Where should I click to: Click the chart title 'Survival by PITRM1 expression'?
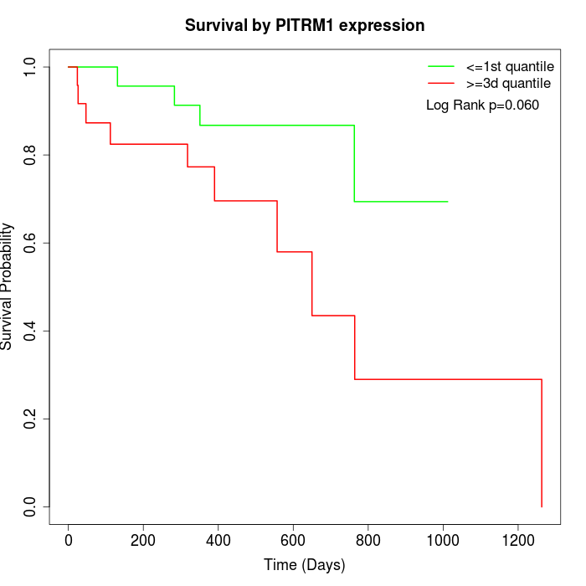pyautogui.click(x=304, y=25)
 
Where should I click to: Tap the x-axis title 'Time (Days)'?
pyautogui.click(x=304, y=565)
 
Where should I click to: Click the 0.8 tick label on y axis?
pyautogui.click(x=30, y=155)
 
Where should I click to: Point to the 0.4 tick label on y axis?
pyautogui.click(x=30, y=331)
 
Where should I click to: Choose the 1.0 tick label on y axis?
pyautogui.click(x=30, y=67)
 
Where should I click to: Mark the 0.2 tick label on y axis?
pyautogui.click(x=30, y=419)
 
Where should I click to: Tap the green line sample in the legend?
pyautogui.click(x=441, y=66)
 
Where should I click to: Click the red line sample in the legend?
pyautogui.click(x=441, y=83)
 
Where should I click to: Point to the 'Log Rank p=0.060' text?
pyautogui.click(x=482, y=105)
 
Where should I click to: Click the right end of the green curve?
pyautogui.click(x=448, y=202)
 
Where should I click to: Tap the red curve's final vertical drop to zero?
pyautogui.click(x=542, y=444)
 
